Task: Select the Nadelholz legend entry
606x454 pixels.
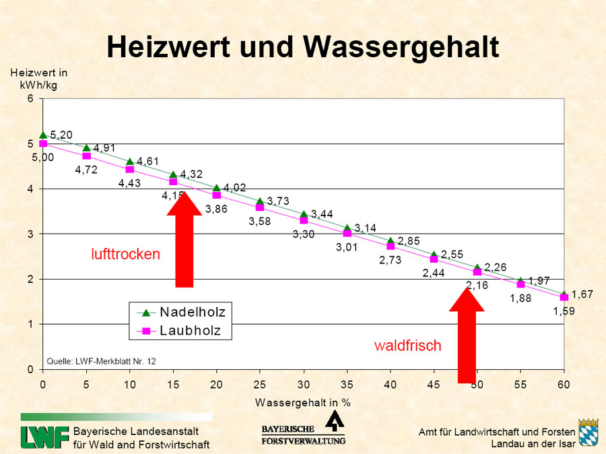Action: click(192, 313)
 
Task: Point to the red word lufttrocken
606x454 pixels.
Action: click(126, 254)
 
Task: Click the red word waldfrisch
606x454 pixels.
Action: click(408, 346)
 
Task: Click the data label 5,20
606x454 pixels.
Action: click(61, 134)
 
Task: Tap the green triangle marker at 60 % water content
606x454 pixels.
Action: click(564, 294)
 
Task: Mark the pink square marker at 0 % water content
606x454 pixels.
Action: click(43, 143)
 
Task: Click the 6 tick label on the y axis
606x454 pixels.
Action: click(30, 99)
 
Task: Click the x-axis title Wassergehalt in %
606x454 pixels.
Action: click(303, 402)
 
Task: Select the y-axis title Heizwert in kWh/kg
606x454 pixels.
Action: click(38, 77)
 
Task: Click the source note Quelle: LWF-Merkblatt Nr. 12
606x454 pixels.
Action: click(101, 361)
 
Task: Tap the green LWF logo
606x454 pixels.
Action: click(44, 437)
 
